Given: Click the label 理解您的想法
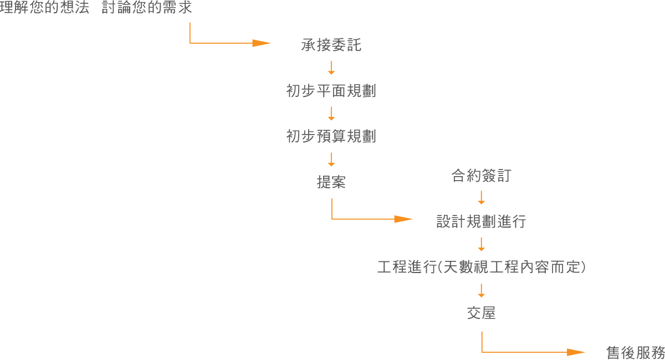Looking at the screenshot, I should click(x=44, y=9).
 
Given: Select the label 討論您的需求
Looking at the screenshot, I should click(x=147, y=9).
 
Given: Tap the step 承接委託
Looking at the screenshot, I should click(x=331, y=45).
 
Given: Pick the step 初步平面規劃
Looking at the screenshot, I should click(x=331, y=91).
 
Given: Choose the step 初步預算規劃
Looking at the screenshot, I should click(x=331, y=136).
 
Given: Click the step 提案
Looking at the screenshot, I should click(x=331, y=182).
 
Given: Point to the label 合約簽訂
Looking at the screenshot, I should click(x=481, y=177).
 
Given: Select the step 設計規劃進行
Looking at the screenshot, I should click(x=481, y=222).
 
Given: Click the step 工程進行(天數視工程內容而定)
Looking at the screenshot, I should click(x=481, y=268).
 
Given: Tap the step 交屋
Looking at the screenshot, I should click(x=481, y=313).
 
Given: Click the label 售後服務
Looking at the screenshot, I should click(x=635, y=353).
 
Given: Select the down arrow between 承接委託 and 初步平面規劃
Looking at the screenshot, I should click(x=331, y=68).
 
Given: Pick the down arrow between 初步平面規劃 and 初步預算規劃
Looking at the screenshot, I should click(x=331, y=114).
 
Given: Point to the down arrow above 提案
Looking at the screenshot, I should click(x=331, y=160).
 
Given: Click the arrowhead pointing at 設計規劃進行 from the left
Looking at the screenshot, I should click(x=403, y=219).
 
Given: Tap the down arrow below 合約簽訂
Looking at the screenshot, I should click(x=481, y=198).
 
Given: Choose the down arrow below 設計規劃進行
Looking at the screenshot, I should click(x=481, y=244).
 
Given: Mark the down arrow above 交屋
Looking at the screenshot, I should click(x=481, y=291).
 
